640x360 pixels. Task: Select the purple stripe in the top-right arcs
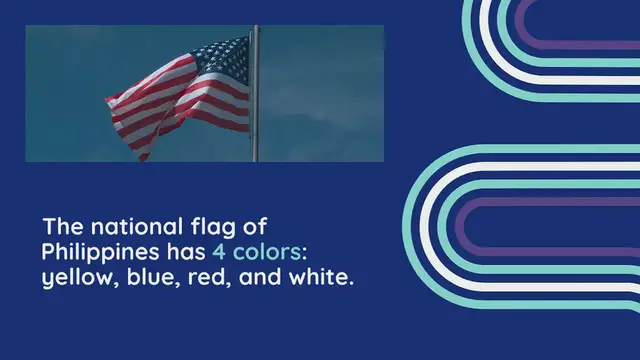point(580,45)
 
